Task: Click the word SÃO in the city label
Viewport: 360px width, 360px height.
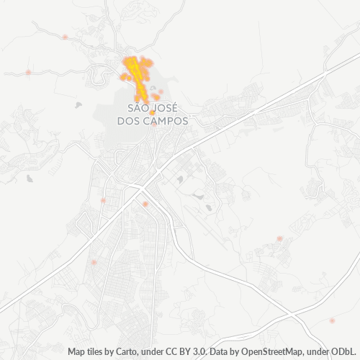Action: coord(138,108)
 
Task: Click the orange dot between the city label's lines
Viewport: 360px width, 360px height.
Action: coord(153,113)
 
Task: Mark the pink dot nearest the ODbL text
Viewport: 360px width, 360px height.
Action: coord(332,320)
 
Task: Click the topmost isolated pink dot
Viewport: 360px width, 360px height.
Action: coord(66,37)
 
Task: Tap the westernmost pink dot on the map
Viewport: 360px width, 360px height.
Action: coord(28,72)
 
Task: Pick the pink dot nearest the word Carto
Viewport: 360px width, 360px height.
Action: coord(94,263)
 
